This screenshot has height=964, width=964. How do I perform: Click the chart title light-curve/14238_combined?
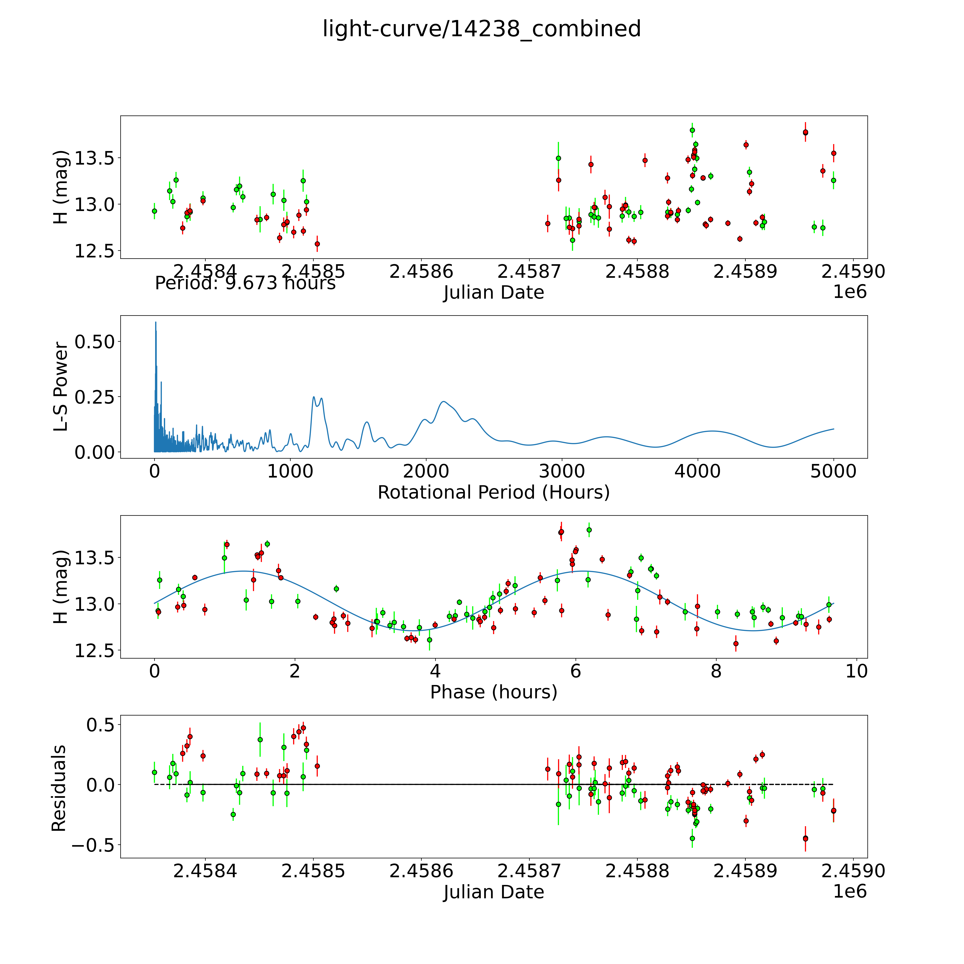pyautogui.click(x=481, y=29)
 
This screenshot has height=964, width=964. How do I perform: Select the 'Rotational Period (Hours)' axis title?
pyautogui.click(x=493, y=493)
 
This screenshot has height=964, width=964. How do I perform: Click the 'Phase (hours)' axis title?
pyautogui.click(x=493, y=692)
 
